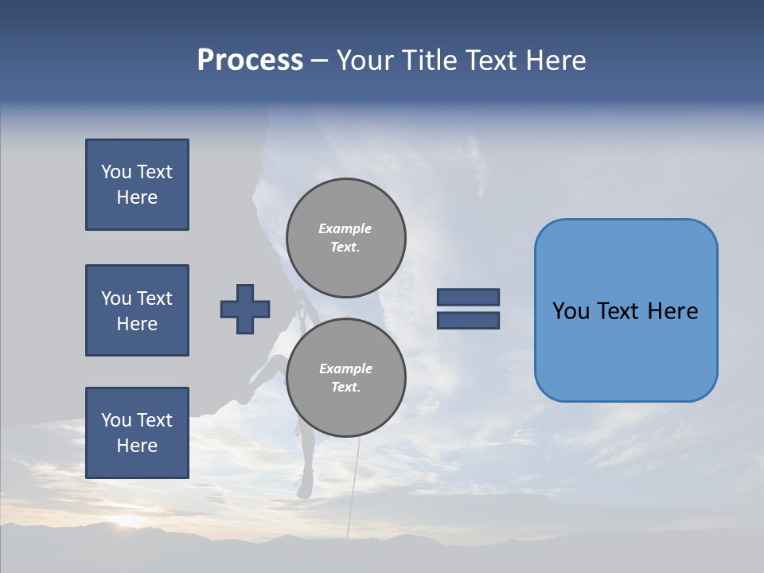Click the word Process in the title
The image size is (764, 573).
250,60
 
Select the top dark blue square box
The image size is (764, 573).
137,185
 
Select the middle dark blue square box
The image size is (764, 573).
137,310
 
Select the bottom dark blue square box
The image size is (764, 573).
137,433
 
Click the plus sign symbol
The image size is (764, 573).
245,309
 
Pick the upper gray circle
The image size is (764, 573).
346,238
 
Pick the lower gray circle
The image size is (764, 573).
346,378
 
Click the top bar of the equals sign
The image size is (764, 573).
468,297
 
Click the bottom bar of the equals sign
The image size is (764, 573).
468,321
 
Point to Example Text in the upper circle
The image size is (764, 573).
345,238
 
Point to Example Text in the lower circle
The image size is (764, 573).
345,378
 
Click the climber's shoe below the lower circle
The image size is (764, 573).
303,485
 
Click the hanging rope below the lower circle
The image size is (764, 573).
353,485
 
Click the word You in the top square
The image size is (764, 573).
116,172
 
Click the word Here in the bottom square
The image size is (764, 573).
137,446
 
